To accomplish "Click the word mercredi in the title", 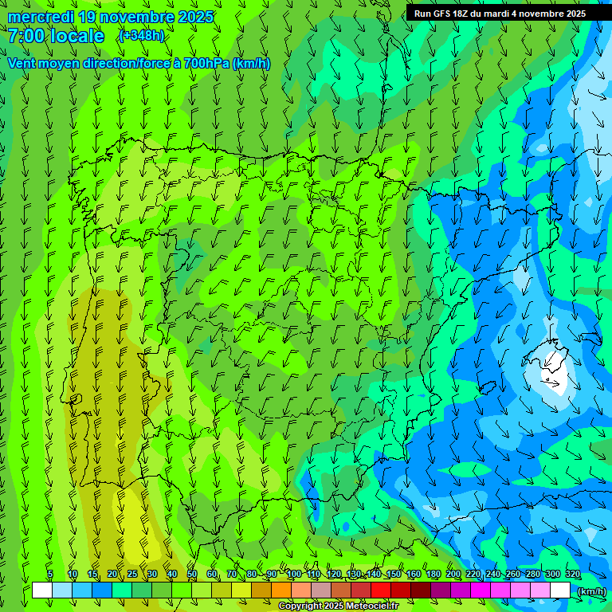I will click(x=40, y=17).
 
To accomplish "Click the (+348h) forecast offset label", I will click(x=140, y=35).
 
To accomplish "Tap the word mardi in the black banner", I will click(x=495, y=14).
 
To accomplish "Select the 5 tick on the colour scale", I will click(x=50, y=574).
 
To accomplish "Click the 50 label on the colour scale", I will click(x=192, y=574).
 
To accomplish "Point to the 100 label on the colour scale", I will click(x=294, y=574).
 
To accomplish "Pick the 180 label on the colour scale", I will click(x=433, y=574).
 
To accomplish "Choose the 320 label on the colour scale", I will click(x=573, y=574).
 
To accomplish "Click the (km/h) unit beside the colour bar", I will click(x=590, y=591).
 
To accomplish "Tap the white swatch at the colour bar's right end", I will click(x=560, y=590).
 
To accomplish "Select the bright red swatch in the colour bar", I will click(x=381, y=590).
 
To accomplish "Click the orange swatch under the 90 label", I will click(x=280, y=590).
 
